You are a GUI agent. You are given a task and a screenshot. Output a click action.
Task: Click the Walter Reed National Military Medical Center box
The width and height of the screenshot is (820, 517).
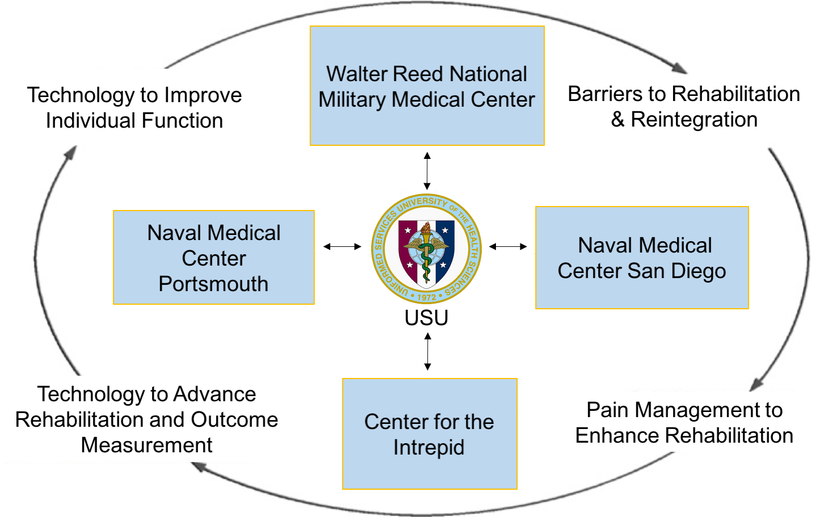(427, 86)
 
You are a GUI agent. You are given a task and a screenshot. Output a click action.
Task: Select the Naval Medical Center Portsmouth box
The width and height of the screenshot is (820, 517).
(213, 258)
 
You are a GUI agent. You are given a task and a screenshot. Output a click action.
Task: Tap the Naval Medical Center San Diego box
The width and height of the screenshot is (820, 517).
(642, 258)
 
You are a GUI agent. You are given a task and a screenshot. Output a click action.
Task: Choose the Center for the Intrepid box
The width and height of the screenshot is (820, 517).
(430, 434)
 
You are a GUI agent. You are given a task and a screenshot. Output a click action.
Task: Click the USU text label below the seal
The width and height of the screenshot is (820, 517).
(426, 318)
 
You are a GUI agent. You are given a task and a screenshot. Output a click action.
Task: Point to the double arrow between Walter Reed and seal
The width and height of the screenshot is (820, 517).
(427, 171)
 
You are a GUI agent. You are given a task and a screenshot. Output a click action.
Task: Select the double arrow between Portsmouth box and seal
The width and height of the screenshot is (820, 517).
(342, 246)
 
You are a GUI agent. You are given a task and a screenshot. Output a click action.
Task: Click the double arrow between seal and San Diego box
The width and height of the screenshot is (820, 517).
(508, 246)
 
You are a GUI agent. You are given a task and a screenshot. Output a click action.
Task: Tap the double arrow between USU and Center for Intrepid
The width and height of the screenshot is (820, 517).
(427, 352)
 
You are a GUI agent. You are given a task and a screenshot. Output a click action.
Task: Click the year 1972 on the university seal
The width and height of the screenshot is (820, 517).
(426, 297)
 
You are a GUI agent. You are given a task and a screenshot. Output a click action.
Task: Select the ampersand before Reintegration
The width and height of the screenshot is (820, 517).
(617, 120)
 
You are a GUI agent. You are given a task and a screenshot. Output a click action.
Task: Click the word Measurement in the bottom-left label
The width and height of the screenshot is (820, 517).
(146, 445)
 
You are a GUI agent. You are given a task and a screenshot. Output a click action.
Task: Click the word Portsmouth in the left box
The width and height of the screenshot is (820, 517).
(213, 284)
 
